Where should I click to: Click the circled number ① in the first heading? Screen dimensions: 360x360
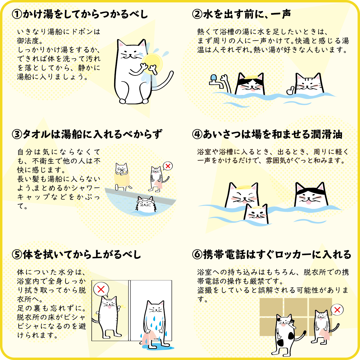[17, 14]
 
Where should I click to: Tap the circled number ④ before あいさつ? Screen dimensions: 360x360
[197, 134]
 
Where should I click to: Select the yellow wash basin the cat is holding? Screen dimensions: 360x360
[152, 64]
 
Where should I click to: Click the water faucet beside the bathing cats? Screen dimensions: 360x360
[216, 81]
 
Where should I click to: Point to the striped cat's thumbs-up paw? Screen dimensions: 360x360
[290, 90]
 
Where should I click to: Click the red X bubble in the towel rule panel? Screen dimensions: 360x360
[168, 166]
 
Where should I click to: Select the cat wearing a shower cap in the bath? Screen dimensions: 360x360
[145, 204]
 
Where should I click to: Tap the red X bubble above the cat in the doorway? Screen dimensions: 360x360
[101, 289]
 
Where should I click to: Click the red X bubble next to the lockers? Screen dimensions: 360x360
[337, 310]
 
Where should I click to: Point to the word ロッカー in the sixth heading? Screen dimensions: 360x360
[293, 255]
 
